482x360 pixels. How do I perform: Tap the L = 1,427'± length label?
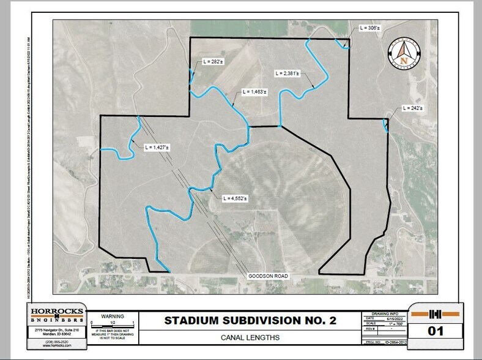[157, 148]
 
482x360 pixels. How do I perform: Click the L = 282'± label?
[213, 62]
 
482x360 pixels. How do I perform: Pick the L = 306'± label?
[370, 28]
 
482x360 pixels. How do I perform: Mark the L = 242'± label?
[414, 108]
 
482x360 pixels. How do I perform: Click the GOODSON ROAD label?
[267, 277]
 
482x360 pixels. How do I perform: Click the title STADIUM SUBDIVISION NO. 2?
[250, 321]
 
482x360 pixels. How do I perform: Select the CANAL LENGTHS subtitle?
[250, 338]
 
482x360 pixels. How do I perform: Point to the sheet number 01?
[436, 332]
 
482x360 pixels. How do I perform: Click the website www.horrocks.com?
[57, 347]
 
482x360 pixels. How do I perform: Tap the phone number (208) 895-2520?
[57, 343]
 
